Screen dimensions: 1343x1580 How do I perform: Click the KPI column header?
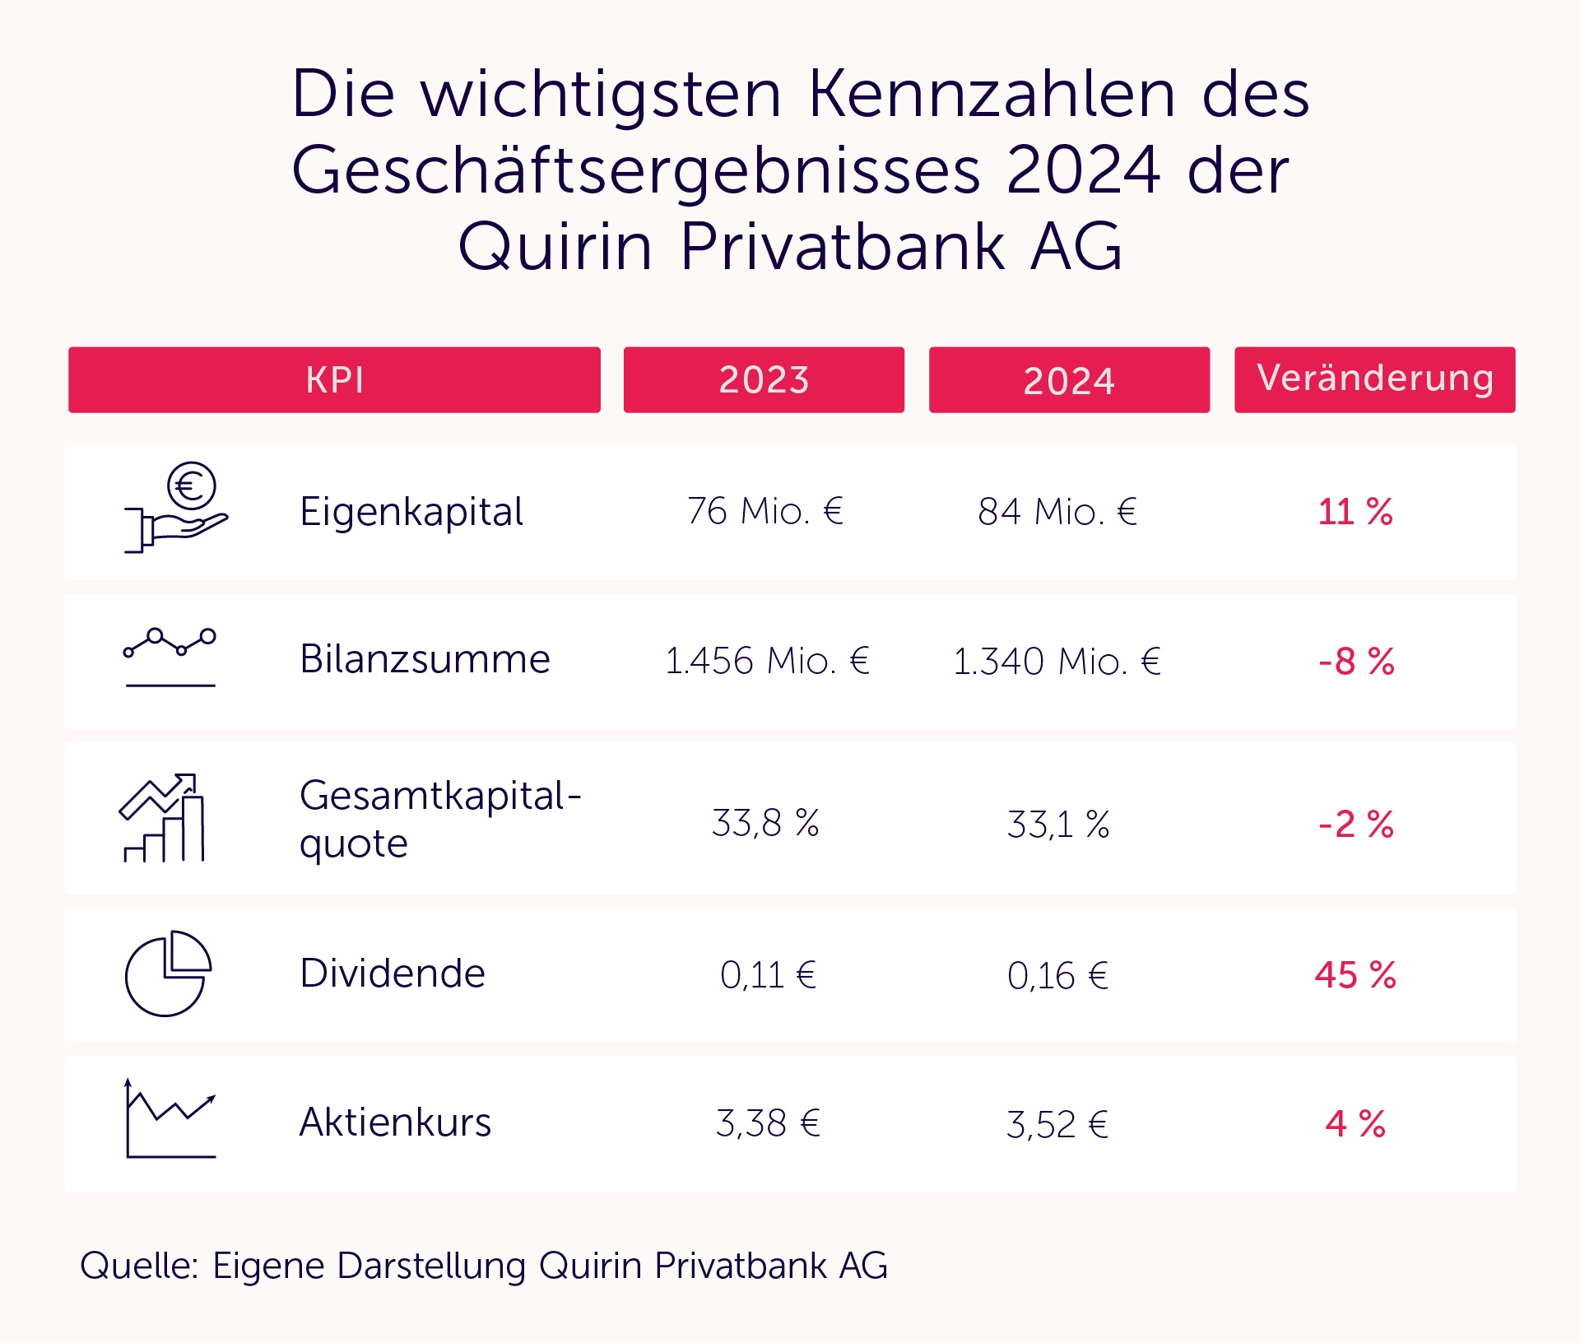click(334, 379)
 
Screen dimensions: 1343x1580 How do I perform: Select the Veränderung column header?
click(1374, 379)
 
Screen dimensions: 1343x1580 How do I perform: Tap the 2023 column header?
click(764, 379)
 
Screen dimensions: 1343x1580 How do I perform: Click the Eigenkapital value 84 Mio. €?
click(1057, 512)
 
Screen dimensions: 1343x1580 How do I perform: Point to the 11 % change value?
click(1355, 512)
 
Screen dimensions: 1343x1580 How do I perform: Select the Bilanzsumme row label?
click(425, 659)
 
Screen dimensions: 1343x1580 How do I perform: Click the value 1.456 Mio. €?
click(767, 661)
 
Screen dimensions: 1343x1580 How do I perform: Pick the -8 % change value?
click(1356, 661)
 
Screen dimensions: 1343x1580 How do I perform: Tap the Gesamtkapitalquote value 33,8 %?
click(765, 823)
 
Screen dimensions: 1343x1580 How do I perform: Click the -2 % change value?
click(1356, 824)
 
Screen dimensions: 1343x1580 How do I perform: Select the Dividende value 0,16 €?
click(1057, 976)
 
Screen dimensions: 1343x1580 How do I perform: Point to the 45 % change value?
click(1355, 975)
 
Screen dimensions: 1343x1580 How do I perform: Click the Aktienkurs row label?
click(395, 1122)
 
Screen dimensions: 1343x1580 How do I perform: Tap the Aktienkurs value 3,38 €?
click(768, 1123)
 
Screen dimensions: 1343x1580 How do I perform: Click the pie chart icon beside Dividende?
click(168, 974)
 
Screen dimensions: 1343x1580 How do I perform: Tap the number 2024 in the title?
click(1082, 170)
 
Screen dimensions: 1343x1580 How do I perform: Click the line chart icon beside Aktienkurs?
click(170, 1119)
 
